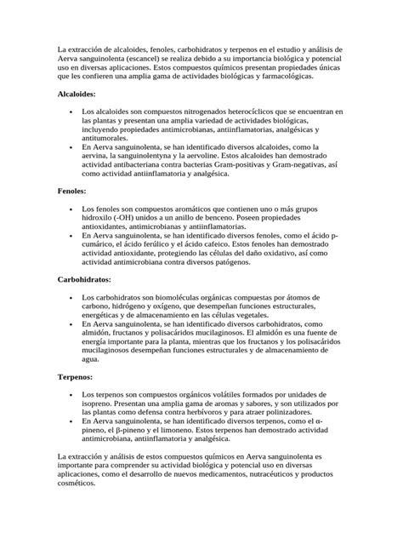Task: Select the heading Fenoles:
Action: [x=71, y=192]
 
